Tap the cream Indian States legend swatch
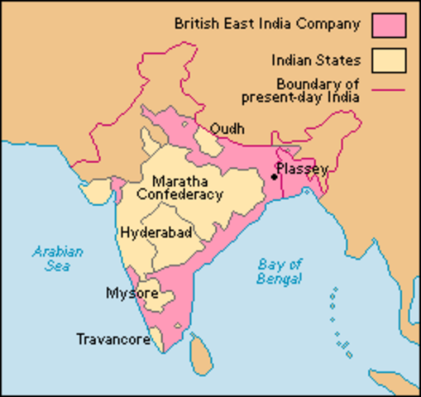390,60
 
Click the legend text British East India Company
267,23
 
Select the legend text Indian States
315,60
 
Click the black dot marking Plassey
274,175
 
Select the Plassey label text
303,169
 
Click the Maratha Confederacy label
179,188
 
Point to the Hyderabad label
156,233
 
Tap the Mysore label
127,293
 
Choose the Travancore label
113,339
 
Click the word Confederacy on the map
179,195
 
